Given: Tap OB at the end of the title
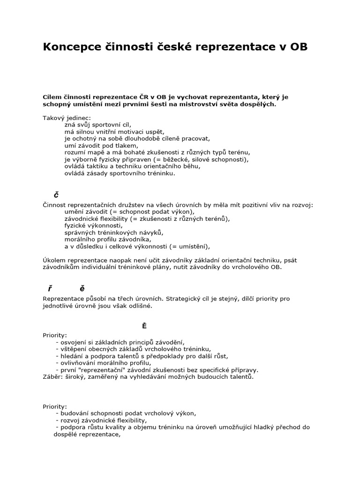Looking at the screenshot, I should [x=299, y=47].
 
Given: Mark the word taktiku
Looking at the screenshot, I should [x=99, y=166].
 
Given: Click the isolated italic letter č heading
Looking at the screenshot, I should [x=56, y=195].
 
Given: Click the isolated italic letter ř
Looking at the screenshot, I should [x=49, y=288].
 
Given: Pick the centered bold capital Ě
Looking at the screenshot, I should [x=144, y=326].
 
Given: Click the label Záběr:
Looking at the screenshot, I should [x=53, y=376].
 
